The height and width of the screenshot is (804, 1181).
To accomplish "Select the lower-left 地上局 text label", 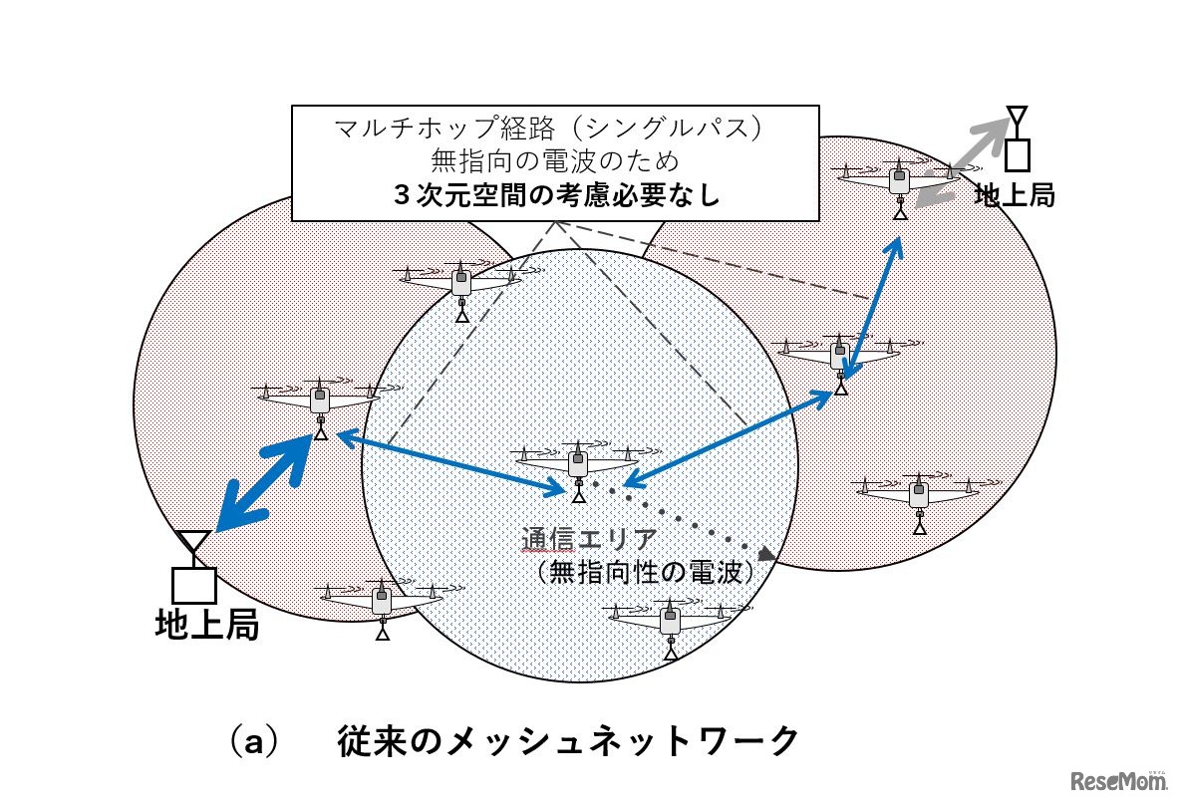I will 207,625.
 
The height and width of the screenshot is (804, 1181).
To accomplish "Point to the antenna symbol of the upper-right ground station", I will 1016,121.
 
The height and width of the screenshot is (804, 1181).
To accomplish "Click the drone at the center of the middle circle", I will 576,464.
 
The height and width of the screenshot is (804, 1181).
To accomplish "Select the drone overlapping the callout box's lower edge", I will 460,285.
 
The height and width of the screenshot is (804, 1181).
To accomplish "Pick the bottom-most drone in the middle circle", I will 670,624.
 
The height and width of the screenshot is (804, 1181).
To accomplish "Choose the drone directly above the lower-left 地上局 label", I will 382,602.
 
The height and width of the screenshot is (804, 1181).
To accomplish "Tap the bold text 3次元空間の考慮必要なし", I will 557,194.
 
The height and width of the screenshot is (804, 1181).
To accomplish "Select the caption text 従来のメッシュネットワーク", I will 568,741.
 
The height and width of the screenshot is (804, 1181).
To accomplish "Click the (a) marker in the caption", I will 250,742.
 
